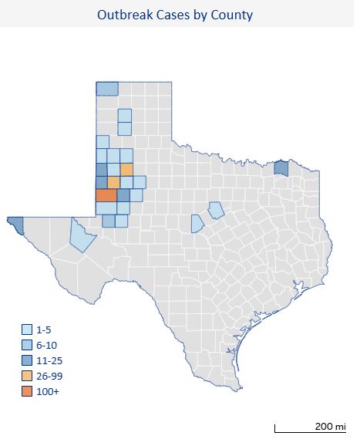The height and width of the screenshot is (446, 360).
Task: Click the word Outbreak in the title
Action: coord(124,15)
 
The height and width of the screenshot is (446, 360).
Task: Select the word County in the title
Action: coord(232,15)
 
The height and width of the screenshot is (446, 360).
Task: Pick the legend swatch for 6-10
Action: coord(27,345)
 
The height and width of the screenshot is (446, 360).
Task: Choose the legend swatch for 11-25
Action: coord(27,360)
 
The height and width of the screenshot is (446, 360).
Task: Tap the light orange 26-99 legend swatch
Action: coord(27,376)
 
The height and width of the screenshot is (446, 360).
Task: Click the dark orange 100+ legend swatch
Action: coord(27,391)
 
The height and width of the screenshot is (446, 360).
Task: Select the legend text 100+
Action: coord(49,391)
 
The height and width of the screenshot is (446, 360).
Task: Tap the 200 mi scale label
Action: coord(329,426)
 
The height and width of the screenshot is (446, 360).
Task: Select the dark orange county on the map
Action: coord(106,195)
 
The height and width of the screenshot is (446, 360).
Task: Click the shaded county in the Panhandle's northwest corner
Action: coord(107,89)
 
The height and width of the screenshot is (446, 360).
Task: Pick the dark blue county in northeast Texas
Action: coord(281,167)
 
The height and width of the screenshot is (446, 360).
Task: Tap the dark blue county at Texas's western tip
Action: coord(15,225)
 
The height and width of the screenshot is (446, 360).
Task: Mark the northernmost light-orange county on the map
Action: coord(126,169)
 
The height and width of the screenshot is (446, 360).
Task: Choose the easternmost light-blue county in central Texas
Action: coord(216,209)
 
